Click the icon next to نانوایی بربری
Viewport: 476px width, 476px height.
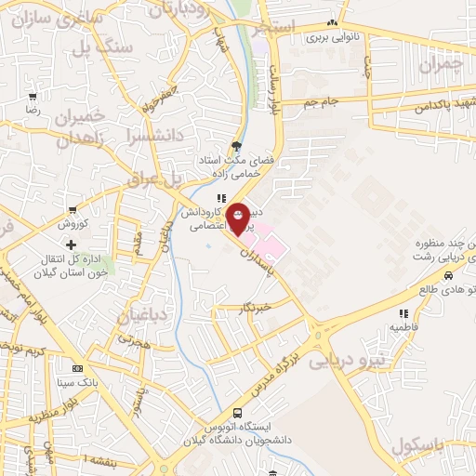coord(332,24)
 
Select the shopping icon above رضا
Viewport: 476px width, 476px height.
coord(33,96)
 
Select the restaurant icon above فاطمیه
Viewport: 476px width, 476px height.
coord(403,314)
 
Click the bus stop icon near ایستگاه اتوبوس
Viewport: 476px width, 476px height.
coord(236,412)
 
